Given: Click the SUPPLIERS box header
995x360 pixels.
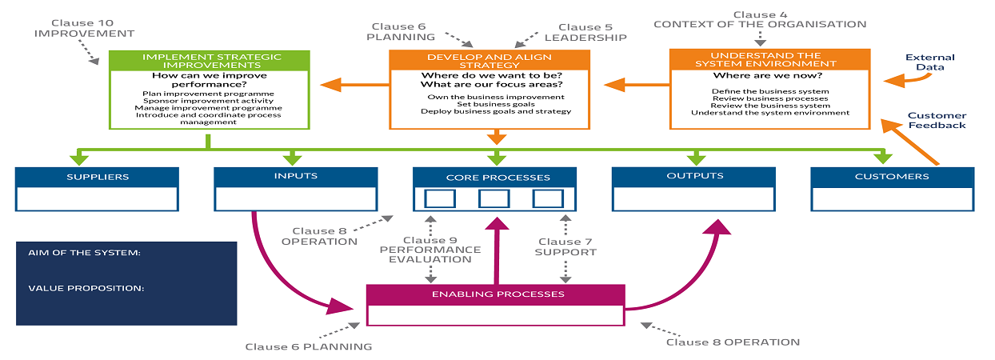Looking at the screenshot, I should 96,177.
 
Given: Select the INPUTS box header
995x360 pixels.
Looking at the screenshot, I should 295,176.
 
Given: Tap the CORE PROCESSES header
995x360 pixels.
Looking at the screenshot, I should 494,177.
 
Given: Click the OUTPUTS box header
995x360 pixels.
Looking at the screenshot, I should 693,176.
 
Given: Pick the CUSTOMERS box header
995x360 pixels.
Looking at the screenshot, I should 892,177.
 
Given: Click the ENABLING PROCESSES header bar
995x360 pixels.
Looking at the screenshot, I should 494,294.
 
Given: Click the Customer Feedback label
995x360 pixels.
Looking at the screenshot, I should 937,120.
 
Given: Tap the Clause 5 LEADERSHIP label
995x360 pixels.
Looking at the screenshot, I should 585,32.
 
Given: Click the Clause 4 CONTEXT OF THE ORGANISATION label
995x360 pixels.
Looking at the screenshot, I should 759,19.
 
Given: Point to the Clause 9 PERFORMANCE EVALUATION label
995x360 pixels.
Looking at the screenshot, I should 430,250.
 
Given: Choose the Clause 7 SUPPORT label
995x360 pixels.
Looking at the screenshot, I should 566,246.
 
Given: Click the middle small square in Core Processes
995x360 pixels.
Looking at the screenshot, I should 494,198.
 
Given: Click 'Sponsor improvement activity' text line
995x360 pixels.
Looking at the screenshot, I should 208,101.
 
